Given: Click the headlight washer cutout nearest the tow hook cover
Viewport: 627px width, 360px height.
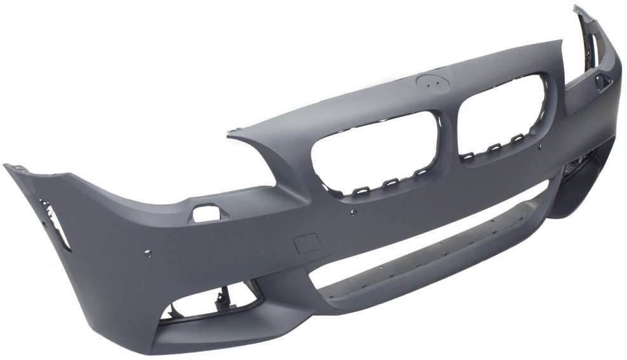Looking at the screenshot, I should coord(205,213).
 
